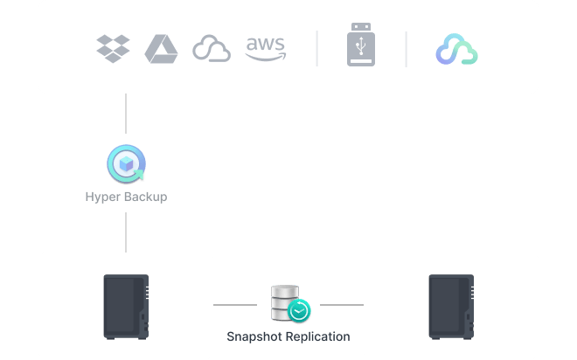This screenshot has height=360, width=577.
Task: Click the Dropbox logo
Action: (x=113, y=48)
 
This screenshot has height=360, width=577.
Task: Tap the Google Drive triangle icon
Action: (x=161, y=48)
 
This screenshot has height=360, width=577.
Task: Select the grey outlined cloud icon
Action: (x=212, y=49)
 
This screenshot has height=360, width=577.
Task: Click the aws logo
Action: (x=266, y=48)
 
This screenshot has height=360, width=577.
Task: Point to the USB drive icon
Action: (x=361, y=48)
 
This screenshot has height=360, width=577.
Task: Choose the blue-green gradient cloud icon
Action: (x=457, y=50)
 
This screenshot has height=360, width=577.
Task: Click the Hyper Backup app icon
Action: (x=126, y=164)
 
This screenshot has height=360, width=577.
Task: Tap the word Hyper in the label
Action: (x=102, y=197)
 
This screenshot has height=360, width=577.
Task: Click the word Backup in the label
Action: (x=144, y=197)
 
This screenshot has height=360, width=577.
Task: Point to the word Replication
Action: (x=317, y=336)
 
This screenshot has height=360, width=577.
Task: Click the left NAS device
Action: (x=126, y=306)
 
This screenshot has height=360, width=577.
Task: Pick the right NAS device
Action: (x=450, y=306)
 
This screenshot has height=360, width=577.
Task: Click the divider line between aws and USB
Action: (x=316, y=49)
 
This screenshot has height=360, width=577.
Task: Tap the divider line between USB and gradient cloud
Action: (x=406, y=49)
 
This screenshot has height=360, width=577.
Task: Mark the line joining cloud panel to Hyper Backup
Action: (x=126, y=119)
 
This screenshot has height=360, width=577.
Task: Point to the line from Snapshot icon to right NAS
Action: (x=341, y=305)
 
